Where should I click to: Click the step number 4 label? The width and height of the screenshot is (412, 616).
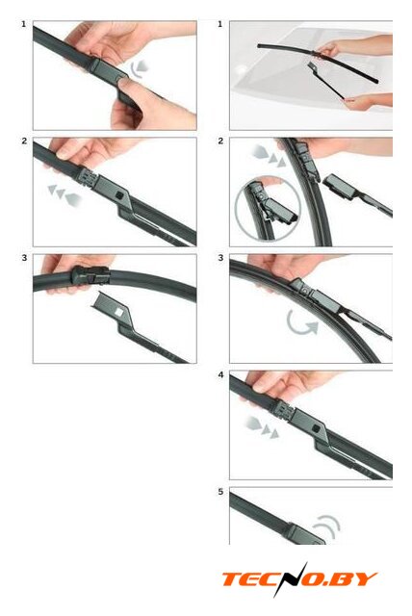point(220,375)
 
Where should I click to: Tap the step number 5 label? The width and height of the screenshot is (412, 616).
point(220,492)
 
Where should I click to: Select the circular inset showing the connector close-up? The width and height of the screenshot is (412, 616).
point(268,209)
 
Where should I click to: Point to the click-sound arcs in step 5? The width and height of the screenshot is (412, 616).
point(327,526)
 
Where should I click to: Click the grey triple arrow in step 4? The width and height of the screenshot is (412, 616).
point(262,427)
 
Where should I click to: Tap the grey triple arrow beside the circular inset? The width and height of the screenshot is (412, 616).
point(269,156)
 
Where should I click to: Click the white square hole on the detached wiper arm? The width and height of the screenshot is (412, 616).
point(118,312)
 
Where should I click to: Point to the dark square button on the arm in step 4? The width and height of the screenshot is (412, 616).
point(315,427)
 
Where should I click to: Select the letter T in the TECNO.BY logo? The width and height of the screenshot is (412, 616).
point(233,579)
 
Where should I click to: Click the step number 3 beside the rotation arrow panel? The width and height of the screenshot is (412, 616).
point(220,258)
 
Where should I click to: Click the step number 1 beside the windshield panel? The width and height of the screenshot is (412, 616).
point(220,24)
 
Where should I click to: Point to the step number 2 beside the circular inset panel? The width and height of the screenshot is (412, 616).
point(220,141)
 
